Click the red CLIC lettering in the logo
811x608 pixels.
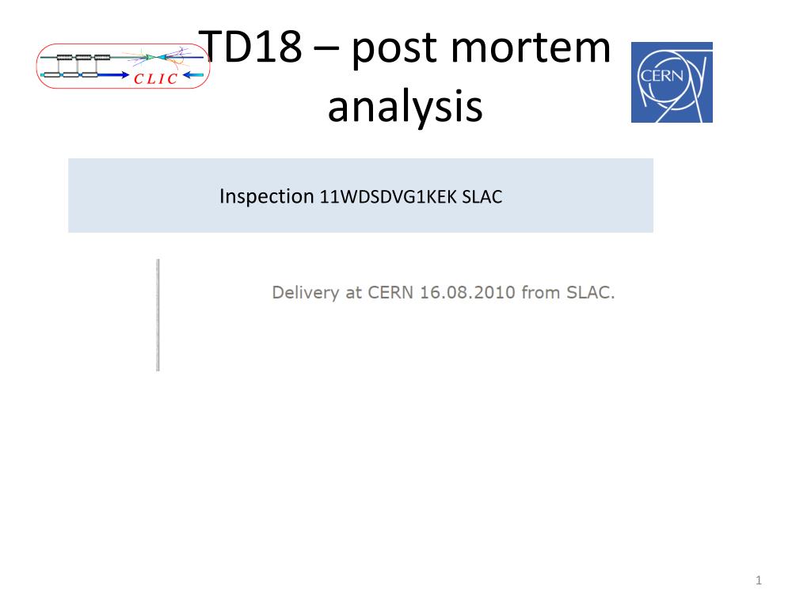tap(156, 78)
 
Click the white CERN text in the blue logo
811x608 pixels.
tap(656, 76)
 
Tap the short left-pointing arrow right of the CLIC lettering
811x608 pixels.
tap(192, 77)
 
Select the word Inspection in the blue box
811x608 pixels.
tap(267, 196)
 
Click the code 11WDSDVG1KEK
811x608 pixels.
tap(387, 197)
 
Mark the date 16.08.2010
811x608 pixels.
tap(468, 293)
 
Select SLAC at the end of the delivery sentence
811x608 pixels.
tap(590, 293)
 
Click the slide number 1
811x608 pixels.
tap(759, 582)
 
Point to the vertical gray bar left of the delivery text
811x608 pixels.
tap(158, 314)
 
